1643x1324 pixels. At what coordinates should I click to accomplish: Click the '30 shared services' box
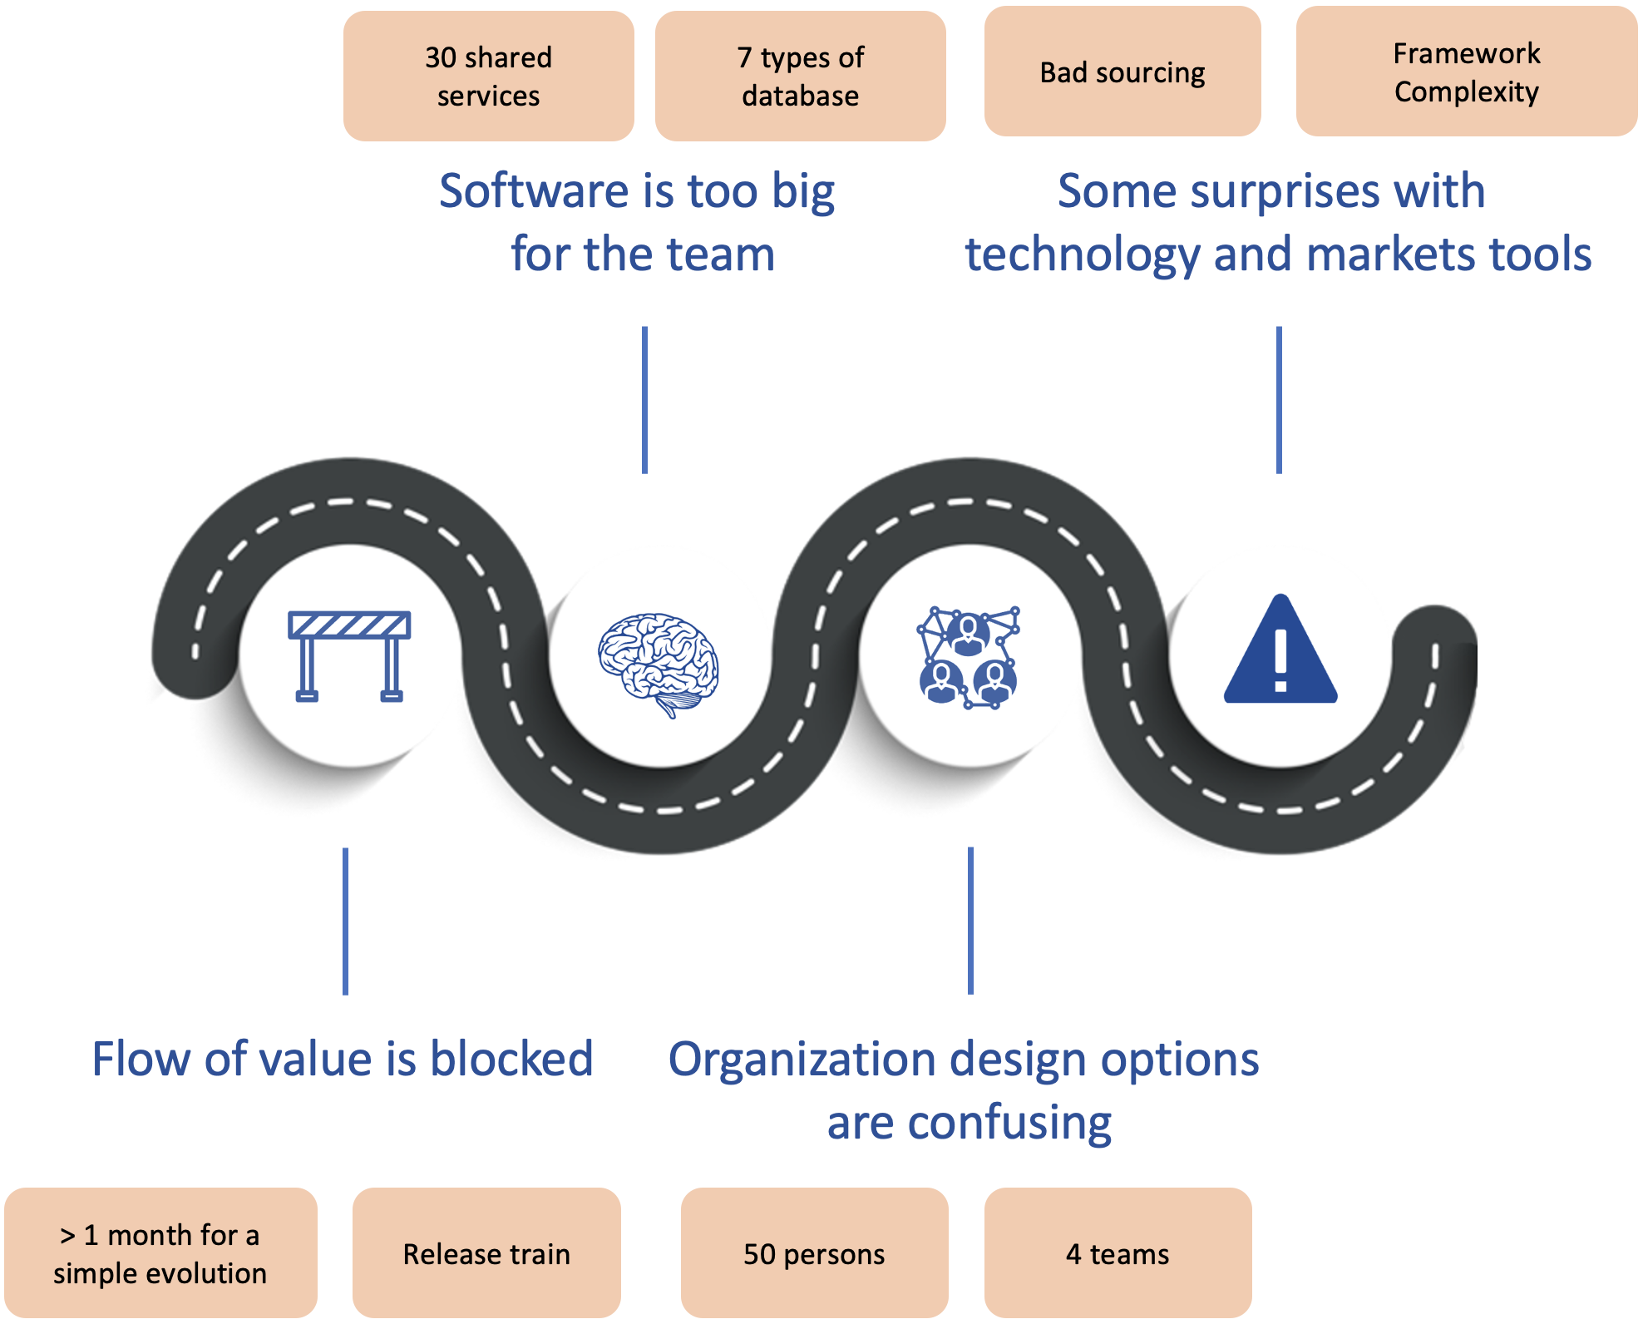click(488, 76)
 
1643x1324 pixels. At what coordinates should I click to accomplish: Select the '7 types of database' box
click(800, 76)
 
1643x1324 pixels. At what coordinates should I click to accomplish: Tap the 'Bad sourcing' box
click(1122, 72)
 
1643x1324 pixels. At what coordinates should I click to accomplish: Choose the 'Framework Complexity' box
click(1466, 72)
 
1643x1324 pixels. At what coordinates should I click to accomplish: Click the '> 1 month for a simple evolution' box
click(160, 1252)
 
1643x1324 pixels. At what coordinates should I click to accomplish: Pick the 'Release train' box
click(486, 1252)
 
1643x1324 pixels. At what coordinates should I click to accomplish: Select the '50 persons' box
click(814, 1252)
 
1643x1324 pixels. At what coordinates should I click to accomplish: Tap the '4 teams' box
click(1118, 1252)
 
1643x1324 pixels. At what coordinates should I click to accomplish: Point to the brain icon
click(659, 664)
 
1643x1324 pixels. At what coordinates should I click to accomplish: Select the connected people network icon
click(969, 657)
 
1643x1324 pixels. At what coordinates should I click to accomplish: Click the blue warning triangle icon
click(1280, 651)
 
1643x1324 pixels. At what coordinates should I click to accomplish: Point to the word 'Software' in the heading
click(534, 191)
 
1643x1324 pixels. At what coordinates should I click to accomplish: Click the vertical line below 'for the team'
click(644, 400)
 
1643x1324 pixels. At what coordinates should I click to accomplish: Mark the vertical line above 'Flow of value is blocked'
click(345, 921)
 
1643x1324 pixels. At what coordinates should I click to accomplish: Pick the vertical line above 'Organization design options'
click(970, 921)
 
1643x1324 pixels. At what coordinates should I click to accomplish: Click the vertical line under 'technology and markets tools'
click(1279, 400)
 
